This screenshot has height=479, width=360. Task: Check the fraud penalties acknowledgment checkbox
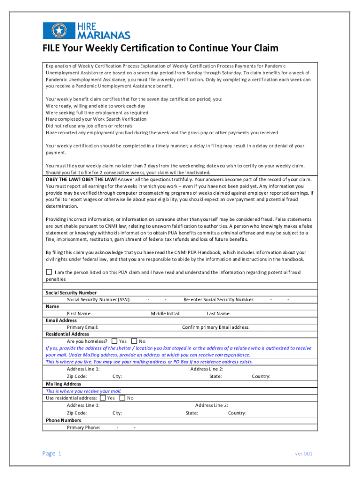(x=49, y=272)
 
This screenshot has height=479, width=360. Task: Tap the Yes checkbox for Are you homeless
(x=115, y=341)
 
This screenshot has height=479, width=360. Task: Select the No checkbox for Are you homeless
(x=134, y=341)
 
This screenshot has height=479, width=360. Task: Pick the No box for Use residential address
(x=122, y=398)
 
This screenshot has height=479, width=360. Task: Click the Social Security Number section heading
(x=71, y=292)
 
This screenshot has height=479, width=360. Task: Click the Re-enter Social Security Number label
(x=219, y=299)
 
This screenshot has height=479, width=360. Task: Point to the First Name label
(x=79, y=313)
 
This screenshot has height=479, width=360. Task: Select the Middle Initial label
(x=166, y=313)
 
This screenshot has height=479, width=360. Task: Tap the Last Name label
(x=218, y=313)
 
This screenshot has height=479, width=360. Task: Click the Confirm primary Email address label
(x=216, y=327)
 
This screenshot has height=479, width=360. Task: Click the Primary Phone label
(x=83, y=427)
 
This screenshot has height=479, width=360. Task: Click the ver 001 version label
(x=303, y=454)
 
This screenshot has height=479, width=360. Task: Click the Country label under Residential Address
(x=261, y=376)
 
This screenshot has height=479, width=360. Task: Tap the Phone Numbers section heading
(x=63, y=420)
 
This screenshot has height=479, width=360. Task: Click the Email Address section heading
(x=61, y=320)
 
